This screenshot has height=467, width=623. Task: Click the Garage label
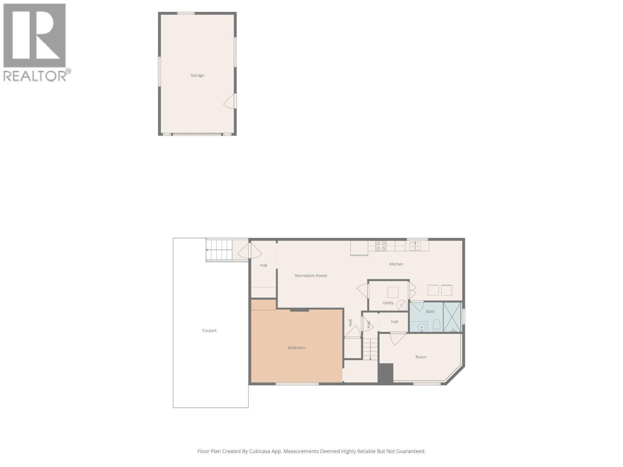[x=197, y=75]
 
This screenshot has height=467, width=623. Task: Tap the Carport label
[x=209, y=331]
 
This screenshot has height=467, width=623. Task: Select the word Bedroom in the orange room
[x=297, y=348]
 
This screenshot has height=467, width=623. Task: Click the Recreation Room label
[x=311, y=276]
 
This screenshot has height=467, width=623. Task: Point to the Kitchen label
[x=396, y=264]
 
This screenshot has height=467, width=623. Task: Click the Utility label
[x=388, y=303]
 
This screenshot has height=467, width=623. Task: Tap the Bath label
[x=430, y=312]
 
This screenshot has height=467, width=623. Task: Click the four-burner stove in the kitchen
[x=381, y=246]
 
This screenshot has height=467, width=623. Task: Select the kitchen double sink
[x=415, y=246]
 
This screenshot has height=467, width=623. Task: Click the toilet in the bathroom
[x=436, y=325]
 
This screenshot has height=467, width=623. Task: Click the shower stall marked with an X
[x=452, y=317]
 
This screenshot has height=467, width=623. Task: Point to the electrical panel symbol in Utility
[x=401, y=305]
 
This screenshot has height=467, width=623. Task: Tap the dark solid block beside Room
[x=386, y=373]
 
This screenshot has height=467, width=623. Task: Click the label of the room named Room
[x=421, y=357]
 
